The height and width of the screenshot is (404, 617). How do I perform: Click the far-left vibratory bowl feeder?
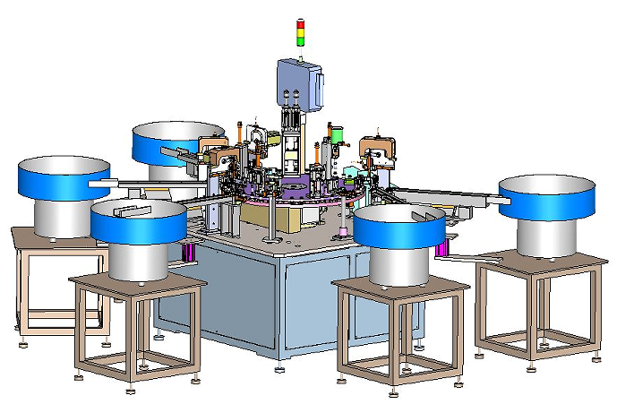coord(64,180)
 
